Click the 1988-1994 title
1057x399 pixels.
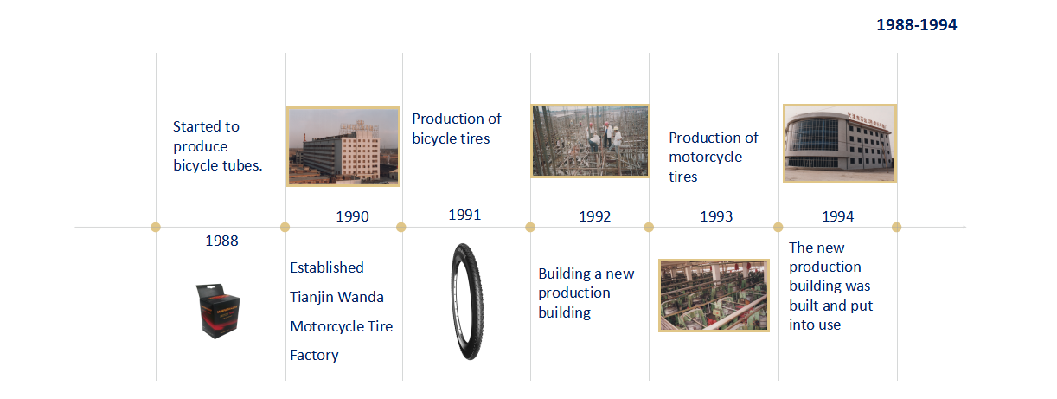click(x=916, y=24)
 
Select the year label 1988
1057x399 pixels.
click(x=221, y=241)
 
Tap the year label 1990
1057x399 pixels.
click(x=352, y=216)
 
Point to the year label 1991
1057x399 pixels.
click(x=464, y=215)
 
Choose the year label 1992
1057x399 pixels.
click(x=594, y=216)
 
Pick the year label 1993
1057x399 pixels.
click(x=716, y=216)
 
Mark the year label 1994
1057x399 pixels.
click(x=837, y=216)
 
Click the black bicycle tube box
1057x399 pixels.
click(x=217, y=311)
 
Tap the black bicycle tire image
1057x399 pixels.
click(x=467, y=302)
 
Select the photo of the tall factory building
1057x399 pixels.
click(x=343, y=146)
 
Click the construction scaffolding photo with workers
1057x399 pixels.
click(x=590, y=141)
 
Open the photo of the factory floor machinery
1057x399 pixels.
click(x=714, y=295)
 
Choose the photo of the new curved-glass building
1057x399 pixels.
click(x=840, y=144)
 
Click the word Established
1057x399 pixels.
click(x=327, y=267)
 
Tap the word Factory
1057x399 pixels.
click(x=314, y=355)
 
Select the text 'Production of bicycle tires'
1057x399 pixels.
click(x=457, y=128)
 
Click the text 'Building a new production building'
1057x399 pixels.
click(x=586, y=293)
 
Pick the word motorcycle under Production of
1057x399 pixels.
click(x=706, y=157)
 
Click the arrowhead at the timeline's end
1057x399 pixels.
click(x=964, y=227)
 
